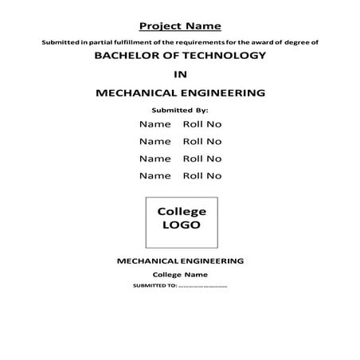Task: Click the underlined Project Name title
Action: [x=180, y=25]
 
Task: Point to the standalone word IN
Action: [x=180, y=75]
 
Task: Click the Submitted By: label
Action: [x=180, y=109]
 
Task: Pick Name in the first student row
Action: [x=155, y=124]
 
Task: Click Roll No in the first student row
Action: [x=202, y=124]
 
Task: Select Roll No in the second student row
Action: [x=202, y=141]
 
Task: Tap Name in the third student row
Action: [x=155, y=158]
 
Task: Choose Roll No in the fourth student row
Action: [x=202, y=175]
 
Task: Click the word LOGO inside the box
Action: [x=181, y=225]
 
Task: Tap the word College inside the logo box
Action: [x=182, y=211]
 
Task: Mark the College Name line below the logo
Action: [x=180, y=274]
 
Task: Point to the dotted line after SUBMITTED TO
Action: [x=203, y=286]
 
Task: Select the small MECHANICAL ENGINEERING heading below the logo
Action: [x=180, y=260]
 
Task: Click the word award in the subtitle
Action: [x=268, y=41]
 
